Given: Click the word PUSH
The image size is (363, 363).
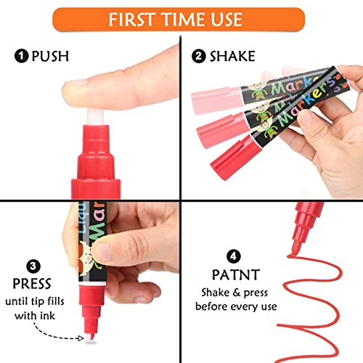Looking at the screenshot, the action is click(50, 56).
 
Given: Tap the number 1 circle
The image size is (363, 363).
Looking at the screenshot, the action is click(21, 56).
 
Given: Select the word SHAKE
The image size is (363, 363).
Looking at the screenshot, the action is click(232, 56).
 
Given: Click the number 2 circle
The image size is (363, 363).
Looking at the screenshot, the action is click(198, 56).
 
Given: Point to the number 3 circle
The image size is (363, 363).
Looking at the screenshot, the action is click(33, 266).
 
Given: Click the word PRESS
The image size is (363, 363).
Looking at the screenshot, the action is click(32, 284).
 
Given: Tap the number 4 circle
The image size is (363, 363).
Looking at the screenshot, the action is click(234, 256).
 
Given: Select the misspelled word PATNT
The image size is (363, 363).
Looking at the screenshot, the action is click(236, 274).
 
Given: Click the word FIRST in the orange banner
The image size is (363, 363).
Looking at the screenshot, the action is click(131, 20).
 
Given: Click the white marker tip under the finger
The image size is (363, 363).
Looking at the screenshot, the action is click(95, 117).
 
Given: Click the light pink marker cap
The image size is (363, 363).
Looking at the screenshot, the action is click(217, 100).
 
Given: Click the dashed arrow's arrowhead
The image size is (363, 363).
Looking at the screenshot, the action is click(80, 338).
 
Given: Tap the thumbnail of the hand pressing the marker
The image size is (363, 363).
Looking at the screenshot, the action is click(102, 252).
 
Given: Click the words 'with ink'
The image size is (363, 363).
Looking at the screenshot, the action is click(35, 316).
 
